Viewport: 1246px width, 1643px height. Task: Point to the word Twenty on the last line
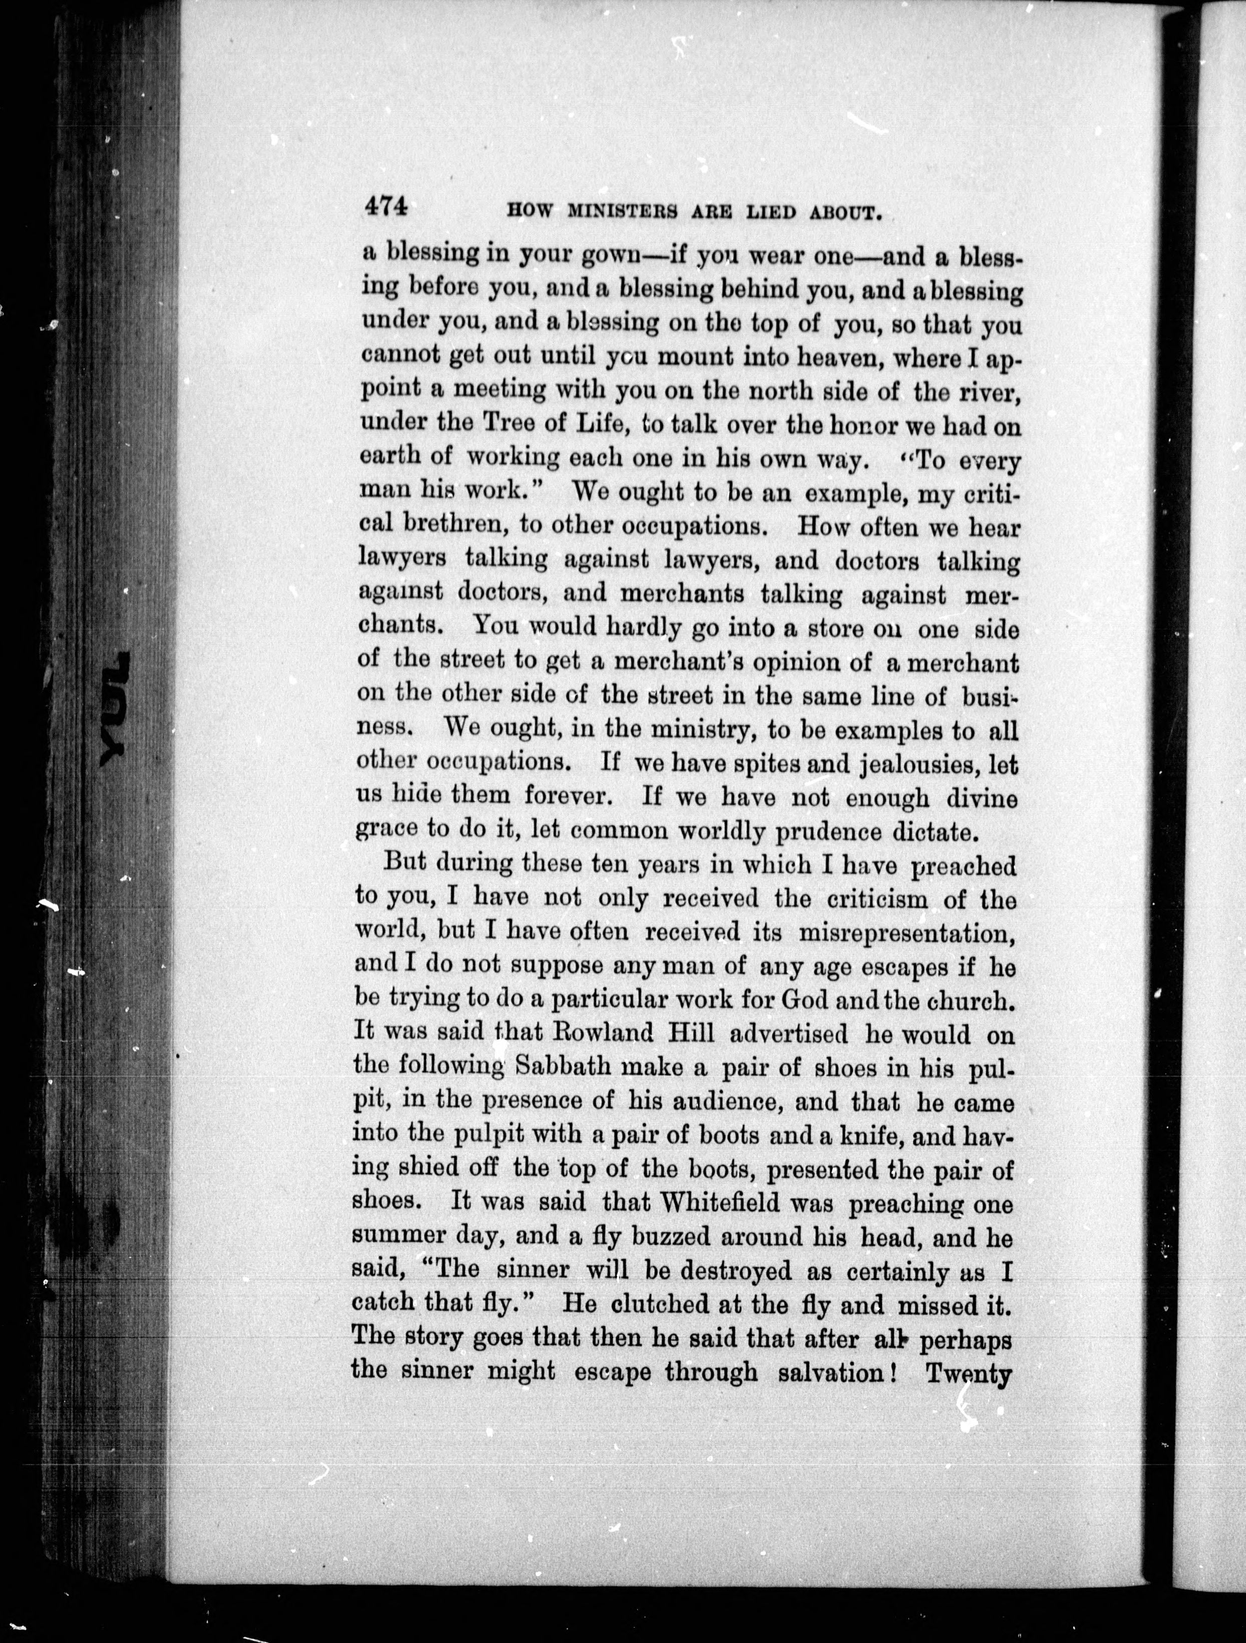point(970,1375)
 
